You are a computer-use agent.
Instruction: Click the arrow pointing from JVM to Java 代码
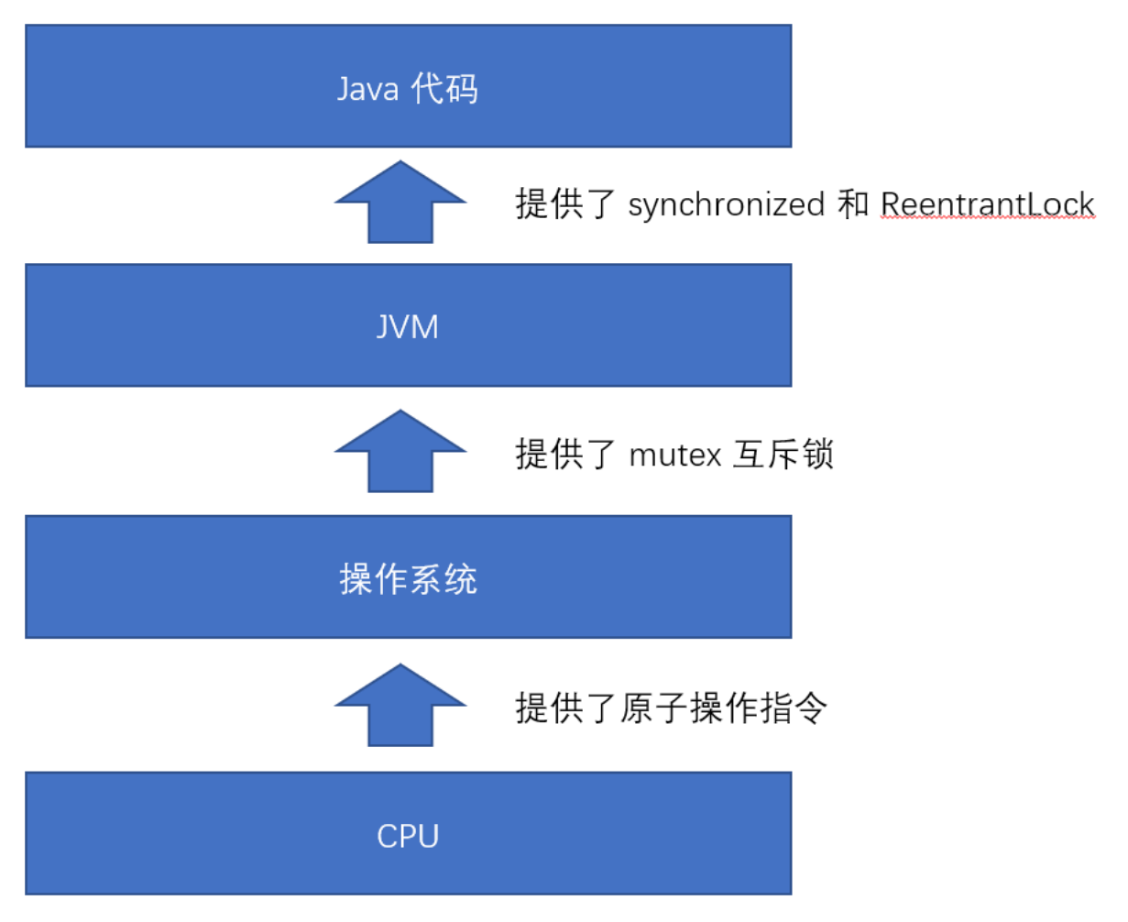[x=400, y=203]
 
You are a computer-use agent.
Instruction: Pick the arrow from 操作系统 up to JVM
[x=400, y=452]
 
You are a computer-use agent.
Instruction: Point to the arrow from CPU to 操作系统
[x=400, y=707]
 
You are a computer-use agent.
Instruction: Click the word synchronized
[x=726, y=204]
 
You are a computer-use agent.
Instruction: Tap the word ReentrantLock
[x=987, y=204]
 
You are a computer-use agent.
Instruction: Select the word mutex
[x=675, y=455]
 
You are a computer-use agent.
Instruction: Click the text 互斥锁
[x=783, y=455]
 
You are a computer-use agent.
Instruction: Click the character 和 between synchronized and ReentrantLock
[x=852, y=204]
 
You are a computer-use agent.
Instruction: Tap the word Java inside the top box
[x=367, y=90]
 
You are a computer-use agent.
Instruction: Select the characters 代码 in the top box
[x=444, y=90]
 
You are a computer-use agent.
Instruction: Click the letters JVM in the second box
[x=408, y=327]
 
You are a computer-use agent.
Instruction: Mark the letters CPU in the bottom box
[x=408, y=836]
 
